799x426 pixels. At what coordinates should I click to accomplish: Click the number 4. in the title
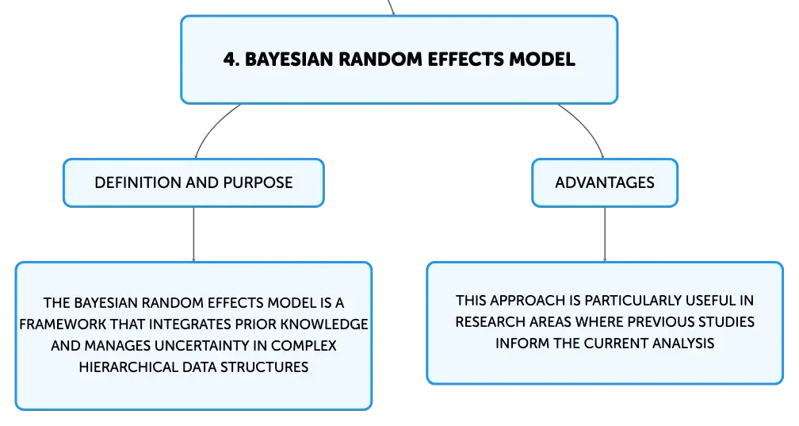click(231, 59)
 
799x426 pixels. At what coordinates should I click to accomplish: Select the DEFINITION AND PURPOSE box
click(193, 182)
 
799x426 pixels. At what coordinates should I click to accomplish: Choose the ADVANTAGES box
click(605, 182)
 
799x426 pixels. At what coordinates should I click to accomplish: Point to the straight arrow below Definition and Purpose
click(193, 235)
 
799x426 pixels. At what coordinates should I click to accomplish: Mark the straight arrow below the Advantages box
click(605, 235)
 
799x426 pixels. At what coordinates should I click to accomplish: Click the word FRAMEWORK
click(63, 324)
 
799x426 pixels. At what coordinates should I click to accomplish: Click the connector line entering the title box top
click(391, 7)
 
